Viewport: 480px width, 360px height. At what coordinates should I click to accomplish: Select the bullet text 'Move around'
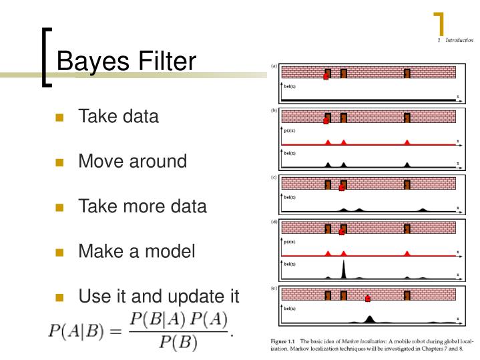[132, 161]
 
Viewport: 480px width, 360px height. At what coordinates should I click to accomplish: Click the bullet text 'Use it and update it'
[158, 296]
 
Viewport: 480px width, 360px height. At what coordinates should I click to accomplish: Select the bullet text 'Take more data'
[142, 206]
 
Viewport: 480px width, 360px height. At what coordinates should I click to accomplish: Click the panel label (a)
[274, 66]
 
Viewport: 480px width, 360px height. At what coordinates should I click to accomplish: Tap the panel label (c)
[274, 178]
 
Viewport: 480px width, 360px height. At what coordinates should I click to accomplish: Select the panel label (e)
[274, 289]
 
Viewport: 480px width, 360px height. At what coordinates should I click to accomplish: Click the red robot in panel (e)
[367, 299]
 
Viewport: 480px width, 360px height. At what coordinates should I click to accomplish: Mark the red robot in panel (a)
[326, 77]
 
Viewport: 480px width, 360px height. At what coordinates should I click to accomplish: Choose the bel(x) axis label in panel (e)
[290, 309]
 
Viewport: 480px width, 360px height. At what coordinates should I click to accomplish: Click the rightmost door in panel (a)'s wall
[407, 73]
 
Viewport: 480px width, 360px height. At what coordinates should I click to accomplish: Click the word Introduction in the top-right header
[459, 41]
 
